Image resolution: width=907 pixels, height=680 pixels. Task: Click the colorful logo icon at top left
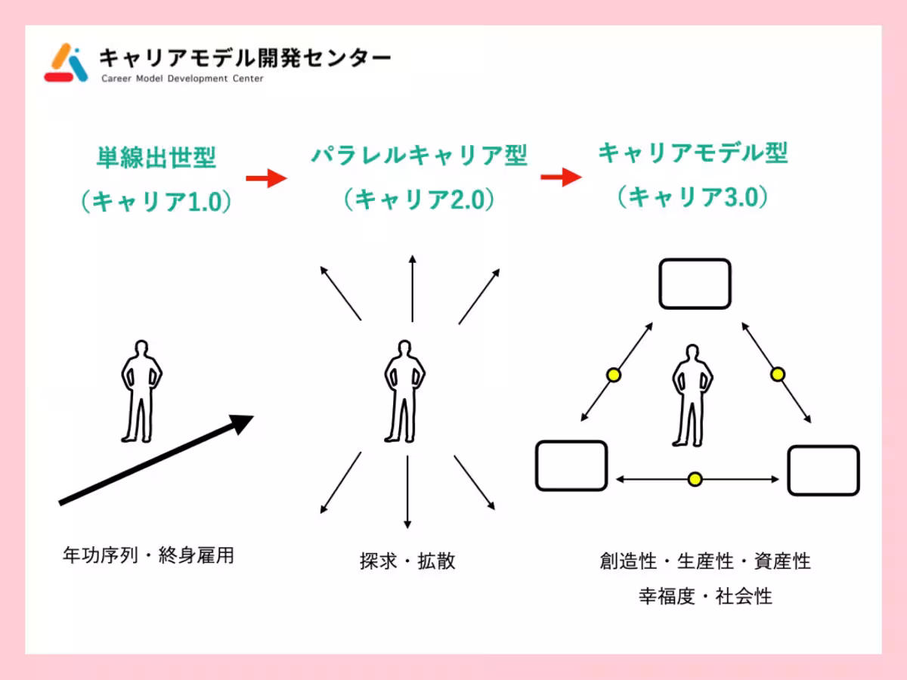click(67, 63)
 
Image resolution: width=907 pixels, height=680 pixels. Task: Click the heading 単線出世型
click(156, 158)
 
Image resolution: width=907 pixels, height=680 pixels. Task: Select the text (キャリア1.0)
click(156, 201)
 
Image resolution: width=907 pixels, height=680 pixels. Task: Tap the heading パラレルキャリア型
click(419, 156)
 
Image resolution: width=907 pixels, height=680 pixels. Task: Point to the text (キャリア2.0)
click(419, 199)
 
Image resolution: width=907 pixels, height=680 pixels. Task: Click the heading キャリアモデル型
click(692, 153)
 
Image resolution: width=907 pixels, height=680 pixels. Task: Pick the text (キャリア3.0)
click(692, 197)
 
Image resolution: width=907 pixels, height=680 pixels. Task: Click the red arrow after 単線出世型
click(266, 178)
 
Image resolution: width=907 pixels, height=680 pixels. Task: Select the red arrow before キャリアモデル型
click(561, 177)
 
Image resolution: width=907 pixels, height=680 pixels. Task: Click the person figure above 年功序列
click(141, 391)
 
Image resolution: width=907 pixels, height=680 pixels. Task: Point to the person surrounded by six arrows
click(405, 391)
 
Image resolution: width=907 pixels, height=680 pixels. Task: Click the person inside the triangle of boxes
click(692, 394)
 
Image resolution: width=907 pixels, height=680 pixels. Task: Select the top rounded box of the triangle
click(695, 284)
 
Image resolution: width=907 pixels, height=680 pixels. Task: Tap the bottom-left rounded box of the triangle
click(571, 465)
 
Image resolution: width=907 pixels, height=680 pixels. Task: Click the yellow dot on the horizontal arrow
click(695, 479)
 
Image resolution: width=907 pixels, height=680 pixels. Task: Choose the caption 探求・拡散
click(408, 562)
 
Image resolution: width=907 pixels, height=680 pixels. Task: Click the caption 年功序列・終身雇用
click(148, 556)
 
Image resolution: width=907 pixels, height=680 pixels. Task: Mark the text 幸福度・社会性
click(705, 596)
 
